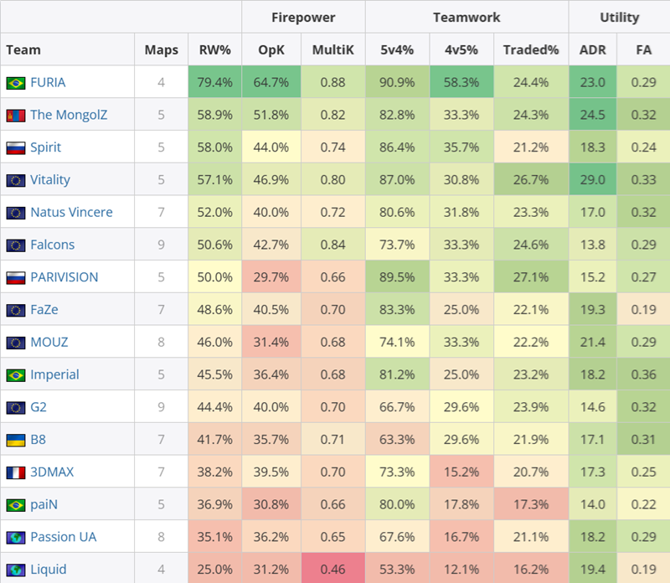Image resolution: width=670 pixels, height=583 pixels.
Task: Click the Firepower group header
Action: coord(303,17)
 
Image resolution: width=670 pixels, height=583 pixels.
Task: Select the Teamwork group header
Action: coord(466,17)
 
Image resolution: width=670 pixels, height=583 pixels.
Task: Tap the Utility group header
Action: coord(619,17)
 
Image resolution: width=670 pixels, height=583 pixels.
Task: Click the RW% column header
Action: coord(215,50)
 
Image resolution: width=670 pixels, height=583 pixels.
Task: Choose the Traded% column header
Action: coord(531,50)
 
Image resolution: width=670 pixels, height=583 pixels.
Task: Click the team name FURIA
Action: coord(48,82)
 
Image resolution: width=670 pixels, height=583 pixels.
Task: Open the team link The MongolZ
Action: coord(68,115)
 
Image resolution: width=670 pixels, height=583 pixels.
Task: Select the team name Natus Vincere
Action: coord(71,212)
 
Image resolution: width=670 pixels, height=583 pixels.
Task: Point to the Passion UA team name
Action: coord(64,537)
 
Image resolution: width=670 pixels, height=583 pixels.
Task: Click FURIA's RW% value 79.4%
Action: coord(215,82)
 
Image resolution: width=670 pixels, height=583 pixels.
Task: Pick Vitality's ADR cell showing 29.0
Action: coord(592,179)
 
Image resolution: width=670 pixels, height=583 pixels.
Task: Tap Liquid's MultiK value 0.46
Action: coord(332,570)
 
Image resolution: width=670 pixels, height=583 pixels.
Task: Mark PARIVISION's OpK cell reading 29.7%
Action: coord(271,277)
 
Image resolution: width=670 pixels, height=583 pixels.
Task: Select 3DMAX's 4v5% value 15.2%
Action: coord(461,472)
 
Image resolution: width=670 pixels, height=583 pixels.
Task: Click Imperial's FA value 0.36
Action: coord(643,374)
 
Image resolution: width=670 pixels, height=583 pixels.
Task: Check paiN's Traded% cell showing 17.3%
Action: coord(531,504)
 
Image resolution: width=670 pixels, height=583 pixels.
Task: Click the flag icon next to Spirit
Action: coord(15,147)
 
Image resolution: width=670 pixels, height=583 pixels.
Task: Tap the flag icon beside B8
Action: coord(15,440)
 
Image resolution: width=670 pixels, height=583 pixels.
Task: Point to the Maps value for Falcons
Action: coord(161,245)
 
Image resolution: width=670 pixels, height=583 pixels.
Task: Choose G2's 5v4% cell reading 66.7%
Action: coord(397,407)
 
